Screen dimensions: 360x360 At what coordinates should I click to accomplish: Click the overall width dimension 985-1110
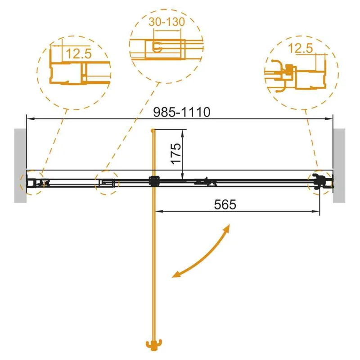tap(181, 112)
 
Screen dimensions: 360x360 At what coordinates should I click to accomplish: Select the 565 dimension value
tap(225, 204)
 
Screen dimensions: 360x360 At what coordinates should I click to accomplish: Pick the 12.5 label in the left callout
tap(79, 54)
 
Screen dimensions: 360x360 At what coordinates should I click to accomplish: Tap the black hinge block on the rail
tap(154, 181)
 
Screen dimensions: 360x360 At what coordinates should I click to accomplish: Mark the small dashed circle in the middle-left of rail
tap(107, 183)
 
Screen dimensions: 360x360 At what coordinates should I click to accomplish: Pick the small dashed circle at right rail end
tap(319, 183)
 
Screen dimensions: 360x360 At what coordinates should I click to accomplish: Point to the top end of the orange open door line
tap(154, 130)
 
